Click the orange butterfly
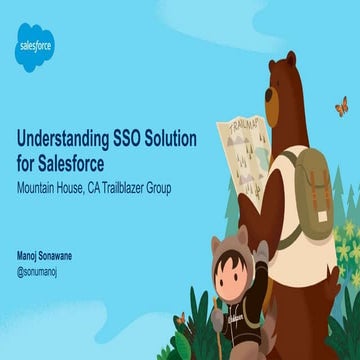(341, 104)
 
